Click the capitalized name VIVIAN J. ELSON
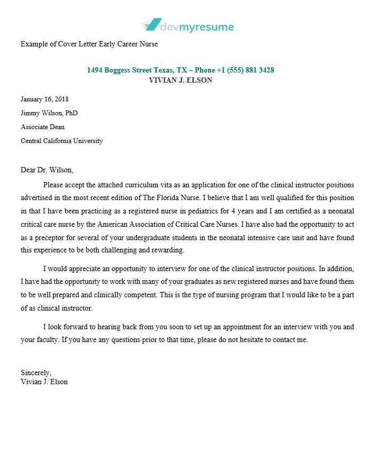point(181,81)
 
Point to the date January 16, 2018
point(45,99)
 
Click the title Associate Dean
point(43,127)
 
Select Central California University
point(62,141)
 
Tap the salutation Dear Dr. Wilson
point(47,170)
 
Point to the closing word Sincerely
point(36,373)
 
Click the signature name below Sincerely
point(44,382)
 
